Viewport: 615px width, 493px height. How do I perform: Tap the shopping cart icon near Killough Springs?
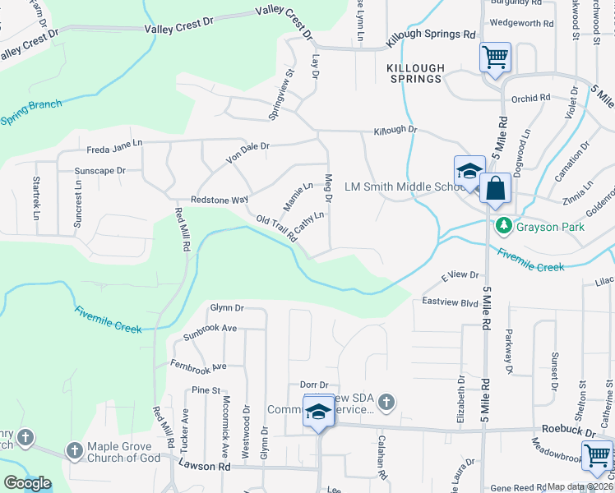[x=495, y=58]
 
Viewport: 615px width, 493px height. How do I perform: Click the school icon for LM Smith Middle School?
[x=469, y=170]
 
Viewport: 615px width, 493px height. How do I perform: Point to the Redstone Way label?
[x=220, y=200]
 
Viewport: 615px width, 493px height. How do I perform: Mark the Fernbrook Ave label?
[x=197, y=365]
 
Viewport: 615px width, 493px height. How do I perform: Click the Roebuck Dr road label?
[x=569, y=429]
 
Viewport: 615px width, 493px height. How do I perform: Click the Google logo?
[x=27, y=482]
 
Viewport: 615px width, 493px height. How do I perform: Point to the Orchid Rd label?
[x=530, y=98]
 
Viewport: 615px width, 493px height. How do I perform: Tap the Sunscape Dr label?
[x=99, y=171]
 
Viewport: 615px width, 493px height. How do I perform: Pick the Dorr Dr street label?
[x=313, y=385]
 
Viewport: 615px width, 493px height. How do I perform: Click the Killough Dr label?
[x=395, y=131]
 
